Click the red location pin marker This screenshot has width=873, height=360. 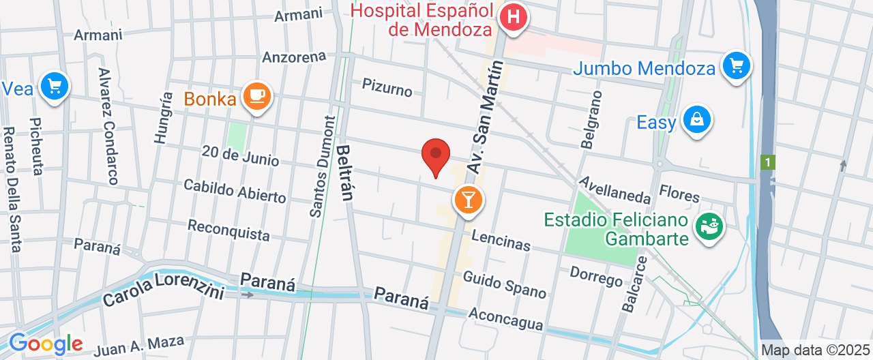[x=436, y=156]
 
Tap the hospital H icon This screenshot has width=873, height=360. [x=513, y=16]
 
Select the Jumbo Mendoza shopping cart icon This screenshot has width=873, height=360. [x=736, y=66]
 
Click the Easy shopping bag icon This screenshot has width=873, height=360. [x=696, y=119]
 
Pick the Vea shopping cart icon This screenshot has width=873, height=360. [x=54, y=87]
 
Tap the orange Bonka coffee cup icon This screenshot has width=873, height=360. [x=256, y=97]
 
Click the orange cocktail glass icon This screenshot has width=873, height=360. [x=469, y=200]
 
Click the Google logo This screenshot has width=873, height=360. [x=45, y=344]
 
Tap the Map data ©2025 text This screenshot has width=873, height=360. [x=815, y=350]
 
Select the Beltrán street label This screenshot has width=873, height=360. [x=344, y=172]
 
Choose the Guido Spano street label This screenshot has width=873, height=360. [x=505, y=284]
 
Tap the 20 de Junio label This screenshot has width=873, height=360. [x=240, y=155]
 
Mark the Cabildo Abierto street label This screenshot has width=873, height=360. [x=235, y=191]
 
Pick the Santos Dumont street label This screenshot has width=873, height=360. [x=323, y=167]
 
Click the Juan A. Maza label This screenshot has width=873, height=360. [x=139, y=345]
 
